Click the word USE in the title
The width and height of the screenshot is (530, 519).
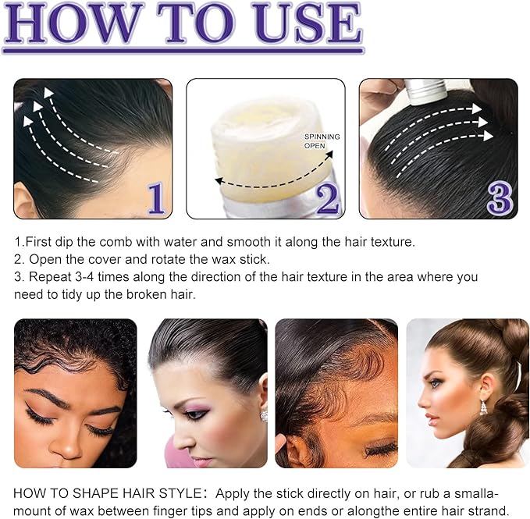[311, 23]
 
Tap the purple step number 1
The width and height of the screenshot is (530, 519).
[156, 198]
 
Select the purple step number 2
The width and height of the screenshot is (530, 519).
[327, 199]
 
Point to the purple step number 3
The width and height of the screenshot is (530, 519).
[500, 198]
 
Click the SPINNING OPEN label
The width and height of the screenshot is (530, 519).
[322, 141]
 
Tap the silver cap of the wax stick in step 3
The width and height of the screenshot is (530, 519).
[426, 91]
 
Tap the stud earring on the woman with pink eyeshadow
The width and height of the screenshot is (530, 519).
[264, 415]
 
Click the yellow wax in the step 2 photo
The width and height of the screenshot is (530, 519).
[267, 148]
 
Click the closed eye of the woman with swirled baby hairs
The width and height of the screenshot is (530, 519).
[381, 450]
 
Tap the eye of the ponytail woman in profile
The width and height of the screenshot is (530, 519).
[435, 383]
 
